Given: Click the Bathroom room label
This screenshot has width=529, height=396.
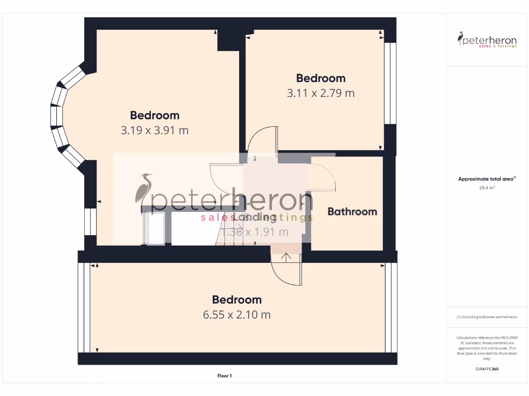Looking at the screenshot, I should pyautogui.click(x=352, y=211).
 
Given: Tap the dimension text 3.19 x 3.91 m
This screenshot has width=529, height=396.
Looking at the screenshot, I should pyautogui.click(x=154, y=130).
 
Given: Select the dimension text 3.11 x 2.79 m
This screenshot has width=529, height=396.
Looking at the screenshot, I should pyautogui.click(x=321, y=93).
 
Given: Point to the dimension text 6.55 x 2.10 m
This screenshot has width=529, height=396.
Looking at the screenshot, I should pyautogui.click(x=237, y=315).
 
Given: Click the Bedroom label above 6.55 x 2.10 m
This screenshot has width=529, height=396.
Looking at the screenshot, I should pyautogui.click(x=237, y=300).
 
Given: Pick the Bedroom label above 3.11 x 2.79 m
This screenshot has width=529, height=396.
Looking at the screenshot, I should pyautogui.click(x=321, y=78).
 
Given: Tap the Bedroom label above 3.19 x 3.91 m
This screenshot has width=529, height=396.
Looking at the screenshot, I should pyautogui.click(x=154, y=115).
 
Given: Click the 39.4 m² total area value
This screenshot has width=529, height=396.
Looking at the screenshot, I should pyautogui.click(x=487, y=188).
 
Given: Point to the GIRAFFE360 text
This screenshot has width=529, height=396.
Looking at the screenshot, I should pyautogui.click(x=487, y=369).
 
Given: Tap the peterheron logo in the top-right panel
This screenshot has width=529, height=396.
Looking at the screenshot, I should pyautogui.click(x=487, y=40).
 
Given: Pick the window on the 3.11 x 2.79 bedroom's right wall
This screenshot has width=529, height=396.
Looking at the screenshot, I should pyautogui.click(x=390, y=84).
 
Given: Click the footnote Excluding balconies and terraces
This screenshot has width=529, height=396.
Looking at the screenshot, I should pyautogui.click(x=487, y=317).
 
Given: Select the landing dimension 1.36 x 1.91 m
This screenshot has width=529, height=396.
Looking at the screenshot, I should pyautogui.click(x=255, y=232).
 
